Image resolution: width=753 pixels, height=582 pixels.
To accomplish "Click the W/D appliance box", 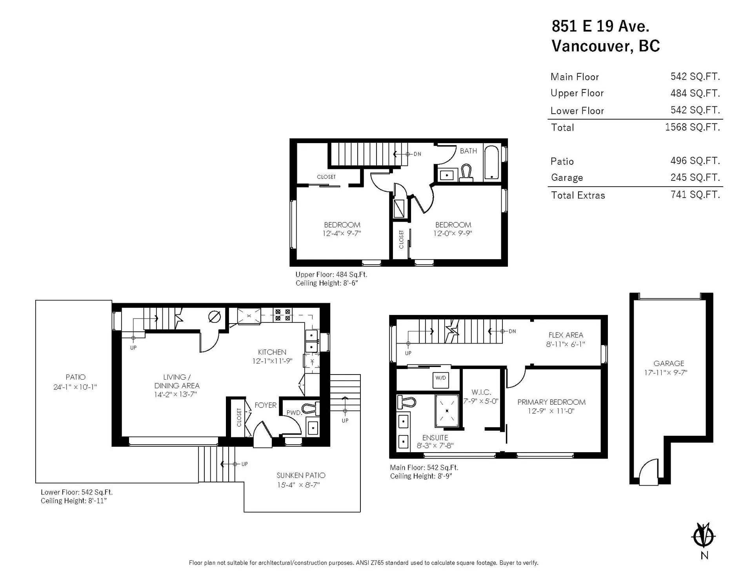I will pos(440,378).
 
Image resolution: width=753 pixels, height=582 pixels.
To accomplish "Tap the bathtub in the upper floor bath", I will pos(491,162).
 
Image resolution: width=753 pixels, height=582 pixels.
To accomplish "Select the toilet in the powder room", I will pos(312,409).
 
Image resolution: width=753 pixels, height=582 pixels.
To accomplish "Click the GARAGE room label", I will pos(669,364).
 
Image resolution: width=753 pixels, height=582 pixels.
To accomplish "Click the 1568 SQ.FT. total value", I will pos(692,127).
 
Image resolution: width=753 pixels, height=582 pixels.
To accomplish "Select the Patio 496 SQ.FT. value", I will pos(695,161).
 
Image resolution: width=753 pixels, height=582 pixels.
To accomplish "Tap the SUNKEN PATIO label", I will pos(301,475).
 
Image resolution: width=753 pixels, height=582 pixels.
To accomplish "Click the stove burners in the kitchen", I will pos(283,315).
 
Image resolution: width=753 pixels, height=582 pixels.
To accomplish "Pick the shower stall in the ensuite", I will pos(447,411).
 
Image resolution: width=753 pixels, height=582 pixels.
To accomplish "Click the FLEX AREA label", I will pos(566,335).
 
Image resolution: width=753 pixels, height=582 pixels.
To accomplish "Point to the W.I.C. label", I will pos(481,392).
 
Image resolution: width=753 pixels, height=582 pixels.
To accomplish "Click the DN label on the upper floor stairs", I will pos(417,154).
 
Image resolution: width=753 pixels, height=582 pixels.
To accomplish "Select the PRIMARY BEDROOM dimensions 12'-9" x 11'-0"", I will pos(551,411).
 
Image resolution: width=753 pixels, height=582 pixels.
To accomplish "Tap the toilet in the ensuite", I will pos(407,402).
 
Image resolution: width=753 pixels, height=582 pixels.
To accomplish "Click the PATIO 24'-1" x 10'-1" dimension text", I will pos(75,387).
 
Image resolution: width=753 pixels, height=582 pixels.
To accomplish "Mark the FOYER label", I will pos(266,405).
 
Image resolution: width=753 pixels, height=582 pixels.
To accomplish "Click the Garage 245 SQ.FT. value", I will pos(695,178).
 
